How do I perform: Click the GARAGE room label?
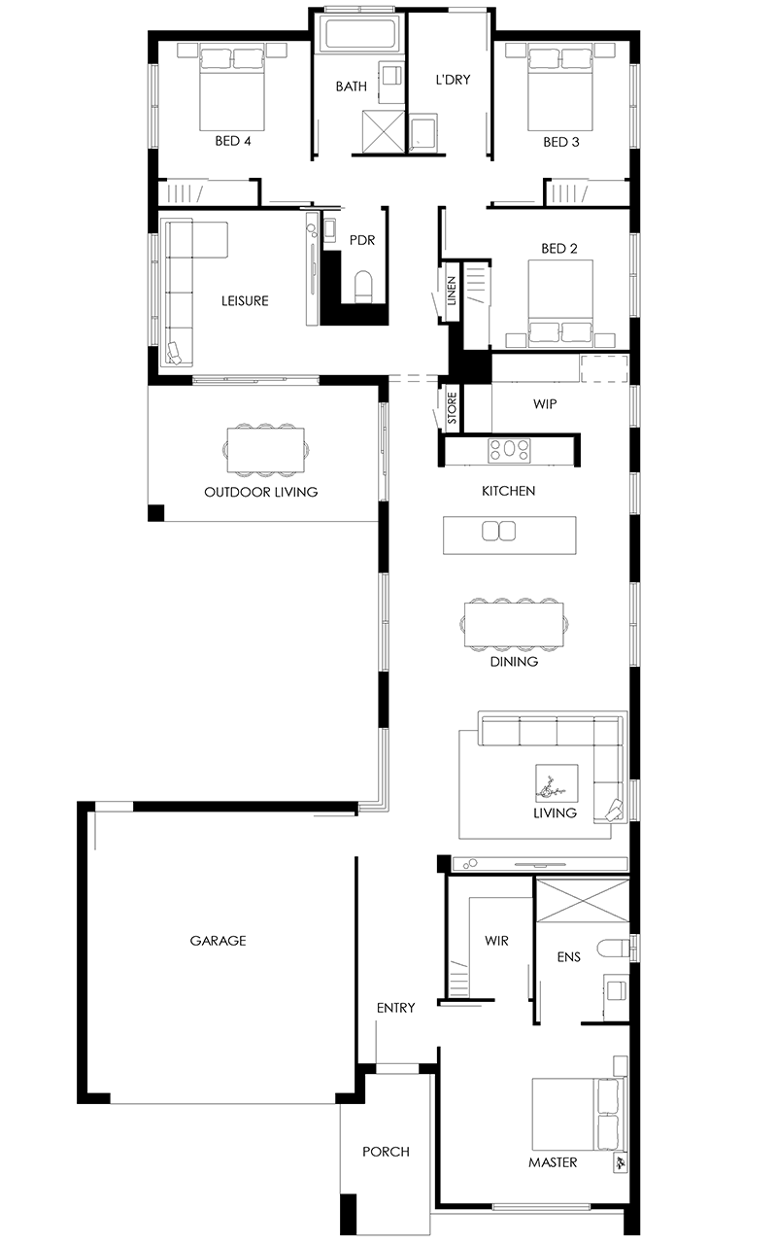point(218,940)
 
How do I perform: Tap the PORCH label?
point(386,1152)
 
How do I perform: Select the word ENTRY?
point(395,1008)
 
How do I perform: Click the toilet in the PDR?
point(363,287)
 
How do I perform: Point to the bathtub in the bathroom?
point(361,34)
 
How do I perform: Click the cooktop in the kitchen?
point(509,450)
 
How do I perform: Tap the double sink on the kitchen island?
point(498,531)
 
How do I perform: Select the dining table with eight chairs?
point(514,624)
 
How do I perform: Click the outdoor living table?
point(266,450)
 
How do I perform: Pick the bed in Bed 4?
point(232,88)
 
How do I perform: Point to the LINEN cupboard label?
point(452,291)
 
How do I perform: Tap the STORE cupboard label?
point(452,408)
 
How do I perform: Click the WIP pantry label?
point(545,403)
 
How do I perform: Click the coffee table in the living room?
point(557,783)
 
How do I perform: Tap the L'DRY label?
point(453,80)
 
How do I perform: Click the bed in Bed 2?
point(560,301)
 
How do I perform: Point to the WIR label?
point(496,940)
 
